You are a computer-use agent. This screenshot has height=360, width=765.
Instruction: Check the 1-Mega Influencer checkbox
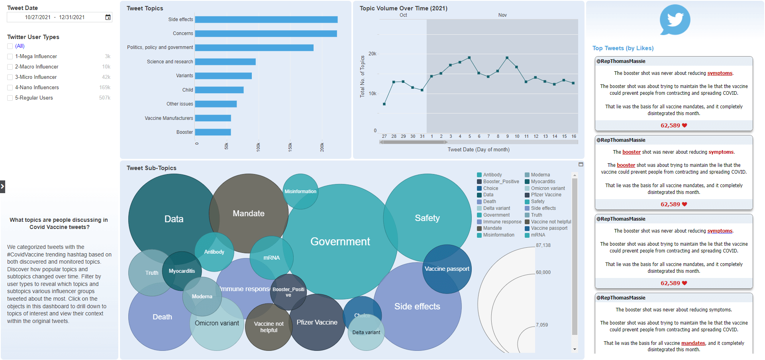10,57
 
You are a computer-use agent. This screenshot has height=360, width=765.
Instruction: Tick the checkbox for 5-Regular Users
10,98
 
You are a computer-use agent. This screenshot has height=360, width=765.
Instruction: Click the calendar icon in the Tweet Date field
108,17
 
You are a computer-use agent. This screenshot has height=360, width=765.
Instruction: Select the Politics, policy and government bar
254,48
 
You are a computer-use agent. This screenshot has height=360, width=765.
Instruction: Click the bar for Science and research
225,62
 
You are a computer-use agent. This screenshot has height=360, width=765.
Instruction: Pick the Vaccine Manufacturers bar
213,118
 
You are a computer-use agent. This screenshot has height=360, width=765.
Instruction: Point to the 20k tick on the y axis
372,54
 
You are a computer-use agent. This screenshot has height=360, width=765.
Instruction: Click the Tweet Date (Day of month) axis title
478,150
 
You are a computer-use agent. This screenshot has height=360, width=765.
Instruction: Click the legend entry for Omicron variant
547,188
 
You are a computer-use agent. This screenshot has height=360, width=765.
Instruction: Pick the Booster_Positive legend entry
501,182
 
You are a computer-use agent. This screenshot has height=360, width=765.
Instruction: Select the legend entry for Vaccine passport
549,229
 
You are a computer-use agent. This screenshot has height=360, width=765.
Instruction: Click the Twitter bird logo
675,20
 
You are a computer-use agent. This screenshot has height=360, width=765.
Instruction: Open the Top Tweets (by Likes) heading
623,48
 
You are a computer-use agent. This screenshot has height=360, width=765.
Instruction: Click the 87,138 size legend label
543,245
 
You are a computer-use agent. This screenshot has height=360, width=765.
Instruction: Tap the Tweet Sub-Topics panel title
151,168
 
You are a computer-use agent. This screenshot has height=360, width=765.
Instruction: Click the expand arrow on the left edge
3,186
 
